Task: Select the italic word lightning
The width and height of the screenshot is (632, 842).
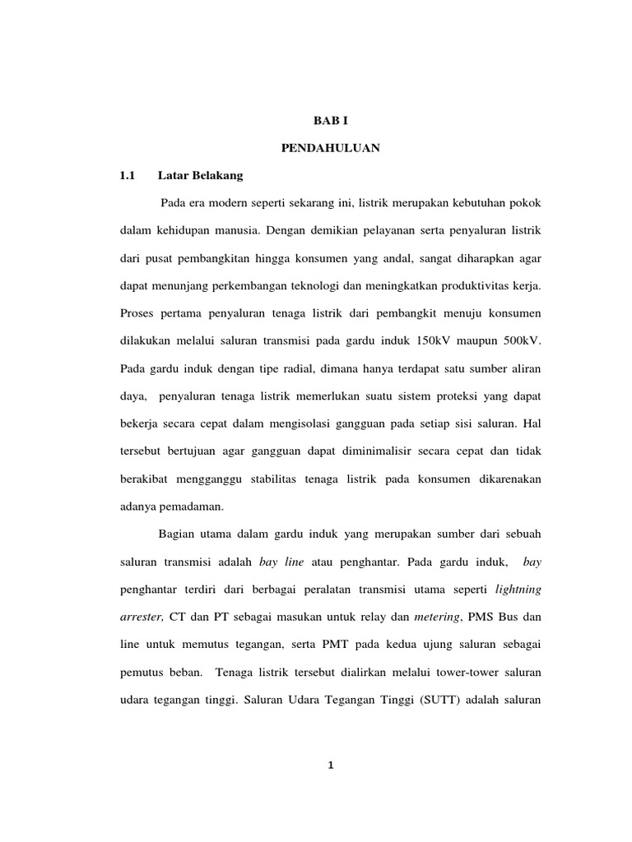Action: point(518,590)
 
